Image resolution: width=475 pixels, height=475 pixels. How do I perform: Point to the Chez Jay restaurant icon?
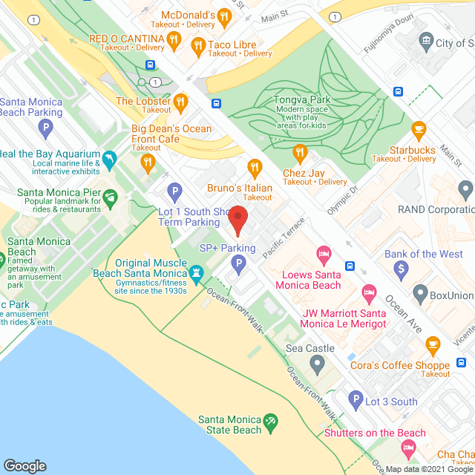pos(300,154)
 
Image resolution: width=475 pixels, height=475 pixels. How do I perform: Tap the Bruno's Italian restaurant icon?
pos(255,169)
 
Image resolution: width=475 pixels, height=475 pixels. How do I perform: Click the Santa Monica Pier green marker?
pos(111,197)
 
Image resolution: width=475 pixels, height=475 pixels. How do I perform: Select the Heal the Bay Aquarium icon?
pos(110,159)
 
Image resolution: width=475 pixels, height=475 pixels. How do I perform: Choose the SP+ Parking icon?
pos(238,263)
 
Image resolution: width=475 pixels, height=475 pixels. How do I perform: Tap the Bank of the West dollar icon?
pos(402,268)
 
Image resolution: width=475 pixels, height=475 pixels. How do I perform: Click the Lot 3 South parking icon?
pos(356,402)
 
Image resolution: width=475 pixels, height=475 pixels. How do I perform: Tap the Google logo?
pos(24,465)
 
